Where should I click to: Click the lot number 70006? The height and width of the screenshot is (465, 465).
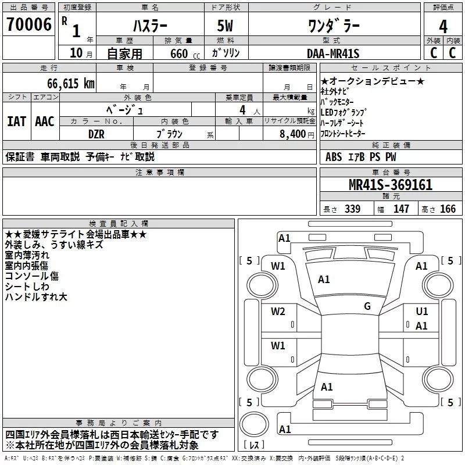tap(29, 24)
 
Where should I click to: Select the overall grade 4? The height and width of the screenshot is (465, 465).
tap(443, 26)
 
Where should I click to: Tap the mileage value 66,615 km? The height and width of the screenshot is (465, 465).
tap(71, 84)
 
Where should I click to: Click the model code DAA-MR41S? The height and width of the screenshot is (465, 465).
tap(333, 53)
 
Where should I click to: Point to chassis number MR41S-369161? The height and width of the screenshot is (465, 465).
tap(391, 185)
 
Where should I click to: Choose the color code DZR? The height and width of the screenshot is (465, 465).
tap(96, 134)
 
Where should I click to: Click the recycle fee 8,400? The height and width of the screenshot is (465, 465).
tap(293, 134)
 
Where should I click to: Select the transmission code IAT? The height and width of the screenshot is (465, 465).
tap(16, 121)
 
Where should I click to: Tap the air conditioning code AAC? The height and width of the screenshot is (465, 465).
tap(45, 121)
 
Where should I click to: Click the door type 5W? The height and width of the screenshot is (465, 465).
tap(225, 26)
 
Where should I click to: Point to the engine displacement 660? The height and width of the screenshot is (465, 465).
tap(179, 53)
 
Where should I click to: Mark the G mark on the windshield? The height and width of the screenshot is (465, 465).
tap(367, 306)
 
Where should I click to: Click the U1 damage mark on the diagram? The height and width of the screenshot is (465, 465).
tap(422, 311)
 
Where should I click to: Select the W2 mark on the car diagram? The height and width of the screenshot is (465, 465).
tap(278, 311)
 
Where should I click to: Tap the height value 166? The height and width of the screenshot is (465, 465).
tap(448, 209)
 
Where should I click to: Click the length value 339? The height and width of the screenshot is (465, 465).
tap(353, 209)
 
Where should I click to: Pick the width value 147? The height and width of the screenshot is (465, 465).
tap(401, 209)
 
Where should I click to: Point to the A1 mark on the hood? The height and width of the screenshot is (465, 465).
tap(324, 280)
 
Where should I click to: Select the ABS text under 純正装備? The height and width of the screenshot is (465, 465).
tap(333, 157)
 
